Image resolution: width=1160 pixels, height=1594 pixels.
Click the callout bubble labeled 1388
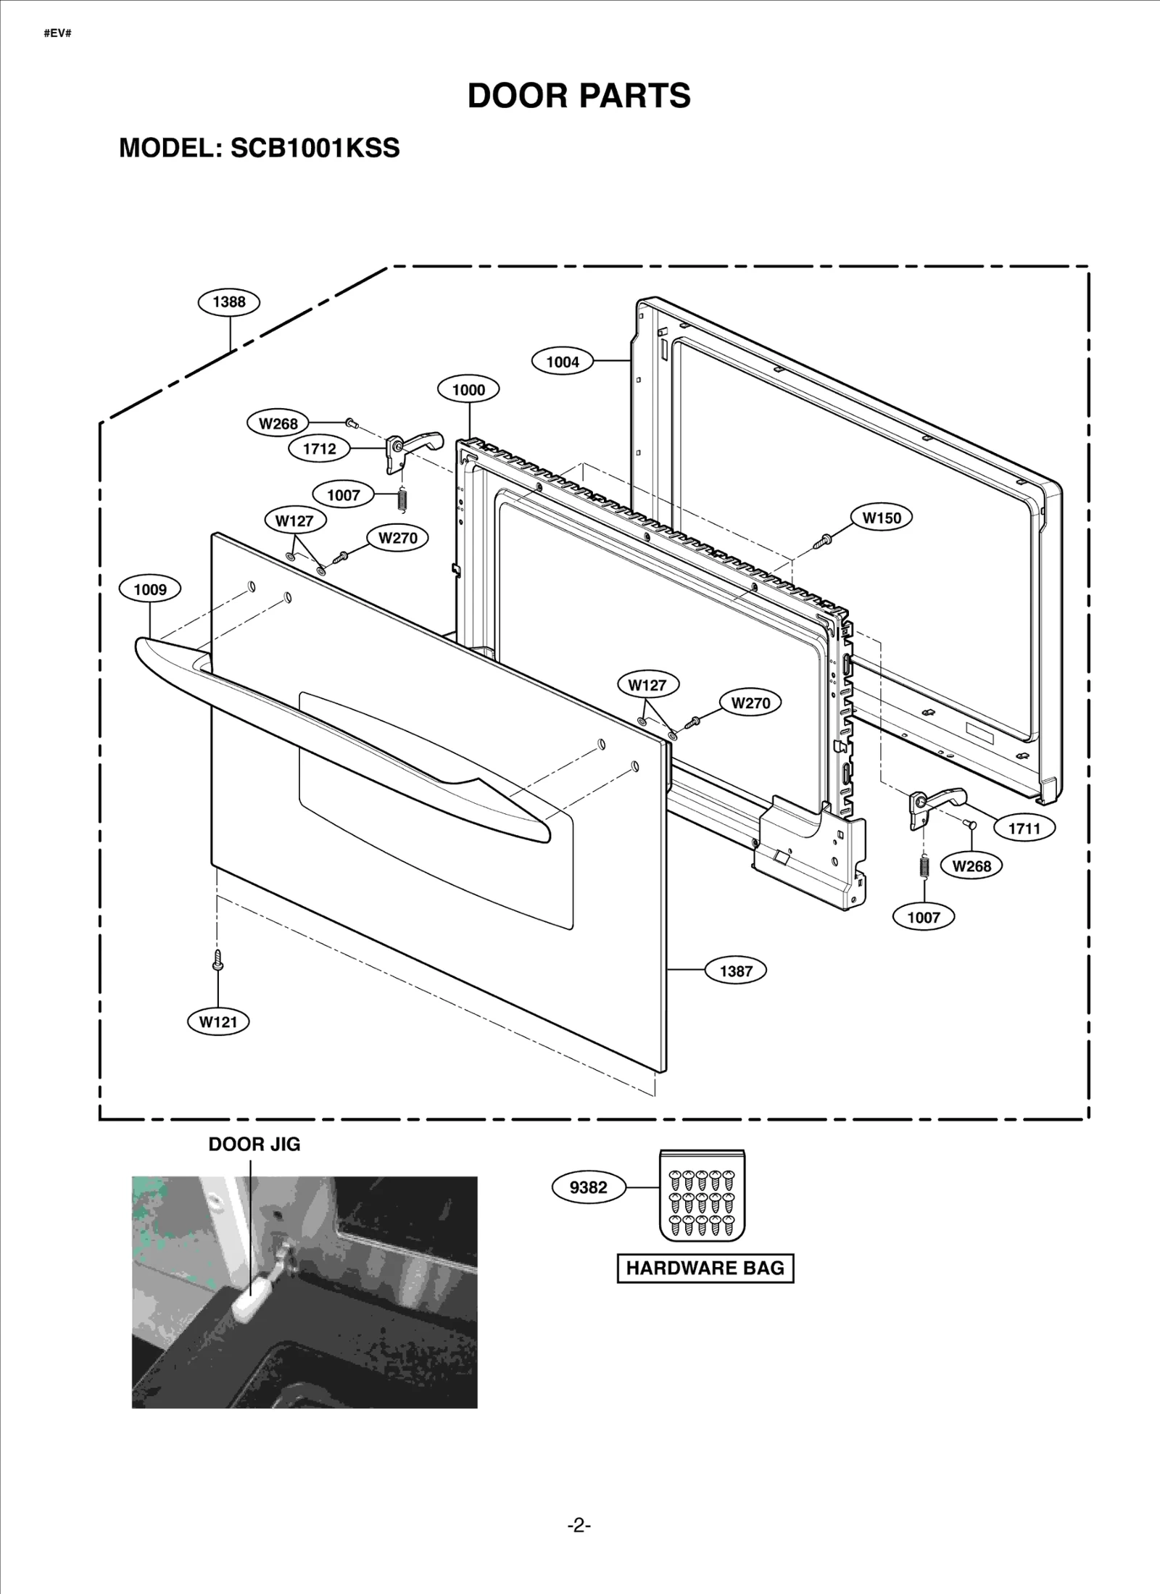point(229,302)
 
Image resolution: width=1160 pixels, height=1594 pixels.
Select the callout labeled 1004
point(563,361)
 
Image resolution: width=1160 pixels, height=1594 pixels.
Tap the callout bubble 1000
point(468,389)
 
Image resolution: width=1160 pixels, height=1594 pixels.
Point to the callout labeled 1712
point(319,449)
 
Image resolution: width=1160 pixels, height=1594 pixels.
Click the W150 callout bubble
point(881,518)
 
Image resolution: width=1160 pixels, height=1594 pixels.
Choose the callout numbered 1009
point(150,589)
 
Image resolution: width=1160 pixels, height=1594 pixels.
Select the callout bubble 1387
point(736,971)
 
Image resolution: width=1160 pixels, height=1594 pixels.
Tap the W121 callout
point(218,1022)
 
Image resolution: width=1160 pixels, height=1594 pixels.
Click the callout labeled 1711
point(1024,828)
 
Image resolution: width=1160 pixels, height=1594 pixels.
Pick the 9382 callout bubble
point(588,1187)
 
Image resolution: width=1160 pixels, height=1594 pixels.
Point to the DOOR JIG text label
point(254,1145)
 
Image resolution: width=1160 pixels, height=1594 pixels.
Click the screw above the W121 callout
point(217,960)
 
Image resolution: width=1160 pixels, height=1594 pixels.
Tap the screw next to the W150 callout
point(824,539)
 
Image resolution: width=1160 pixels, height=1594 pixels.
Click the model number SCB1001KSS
point(315,148)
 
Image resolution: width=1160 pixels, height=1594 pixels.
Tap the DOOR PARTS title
point(579,95)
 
